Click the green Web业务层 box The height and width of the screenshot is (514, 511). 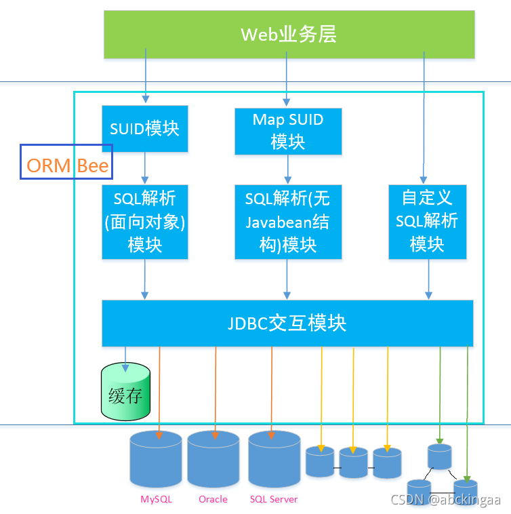(289, 34)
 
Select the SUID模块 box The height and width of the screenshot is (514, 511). (144, 128)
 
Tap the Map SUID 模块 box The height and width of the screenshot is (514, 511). (288, 132)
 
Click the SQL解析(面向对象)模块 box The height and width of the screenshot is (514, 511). (144, 221)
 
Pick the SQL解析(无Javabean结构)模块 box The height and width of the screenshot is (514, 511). (288, 221)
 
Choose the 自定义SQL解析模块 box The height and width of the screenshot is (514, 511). (427, 221)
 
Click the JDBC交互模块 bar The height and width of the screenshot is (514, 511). (287, 323)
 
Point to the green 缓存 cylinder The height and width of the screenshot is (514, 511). (125, 392)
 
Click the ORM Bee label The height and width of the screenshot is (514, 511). (66, 165)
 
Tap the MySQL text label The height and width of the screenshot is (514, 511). (156, 499)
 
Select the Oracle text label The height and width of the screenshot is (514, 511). (213, 499)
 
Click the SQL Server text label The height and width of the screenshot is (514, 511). (273, 499)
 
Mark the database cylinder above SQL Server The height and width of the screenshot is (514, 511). (274, 458)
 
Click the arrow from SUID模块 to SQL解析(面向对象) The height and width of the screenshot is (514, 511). (144, 167)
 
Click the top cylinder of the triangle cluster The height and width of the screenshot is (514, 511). (439, 456)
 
